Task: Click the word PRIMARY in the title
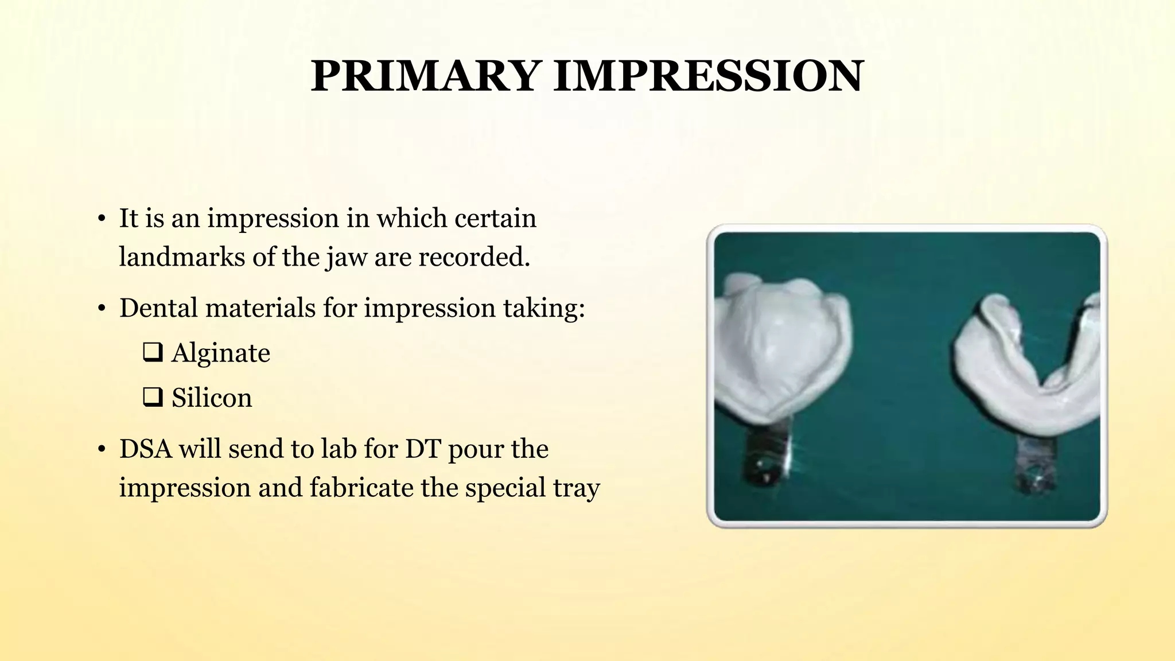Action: pyautogui.click(x=425, y=76)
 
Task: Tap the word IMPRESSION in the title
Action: pyautogui.click(x=708, y=76)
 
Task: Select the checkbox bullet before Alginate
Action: pyautogui.click(x=153, y=352)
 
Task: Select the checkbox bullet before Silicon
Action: pyautogui.click(x=153, y=397)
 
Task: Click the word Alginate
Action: pyautogui.click(x=221, y=353)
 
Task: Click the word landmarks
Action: pyautogui.click(x=182, y=257)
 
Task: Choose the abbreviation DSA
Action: pyautogui.click(x=146, y=449)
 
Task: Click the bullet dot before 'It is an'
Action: pyautogui.click(x=101, y=219)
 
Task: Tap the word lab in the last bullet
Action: pyautogui.click(x=339, y=449)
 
